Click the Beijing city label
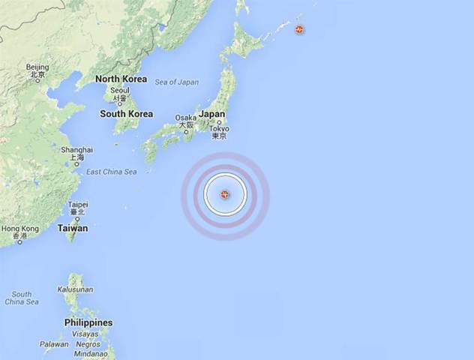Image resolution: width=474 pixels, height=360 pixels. (x=37, y=67)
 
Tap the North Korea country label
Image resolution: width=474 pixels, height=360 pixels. (x=120, y=79)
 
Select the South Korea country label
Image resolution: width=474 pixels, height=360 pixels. (x=126, y=114)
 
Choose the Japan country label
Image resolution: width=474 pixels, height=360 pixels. (x=212, y=115)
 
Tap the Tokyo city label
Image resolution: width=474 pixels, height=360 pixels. (x=219, y=128)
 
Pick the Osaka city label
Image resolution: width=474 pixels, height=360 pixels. (x=185, y=118)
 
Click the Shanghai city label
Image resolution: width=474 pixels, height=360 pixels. (x=77, y=150)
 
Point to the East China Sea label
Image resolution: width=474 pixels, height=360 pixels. (x=111, y=172)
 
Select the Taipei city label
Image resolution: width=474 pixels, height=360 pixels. (x=78, y=204)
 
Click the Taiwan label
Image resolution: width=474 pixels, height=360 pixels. (x=73, y=228)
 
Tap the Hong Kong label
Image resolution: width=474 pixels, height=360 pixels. (x=20, y=229)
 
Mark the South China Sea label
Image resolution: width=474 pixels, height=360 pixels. (x=21, y=298)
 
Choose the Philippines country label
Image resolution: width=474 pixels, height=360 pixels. (x=88, y=322)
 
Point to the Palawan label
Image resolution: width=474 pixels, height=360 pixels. (x=53, y=345)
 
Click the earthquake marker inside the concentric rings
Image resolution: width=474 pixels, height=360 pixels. (x=225, y=196)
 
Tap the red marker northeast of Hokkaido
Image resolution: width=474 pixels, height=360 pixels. (x=299, y=30)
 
